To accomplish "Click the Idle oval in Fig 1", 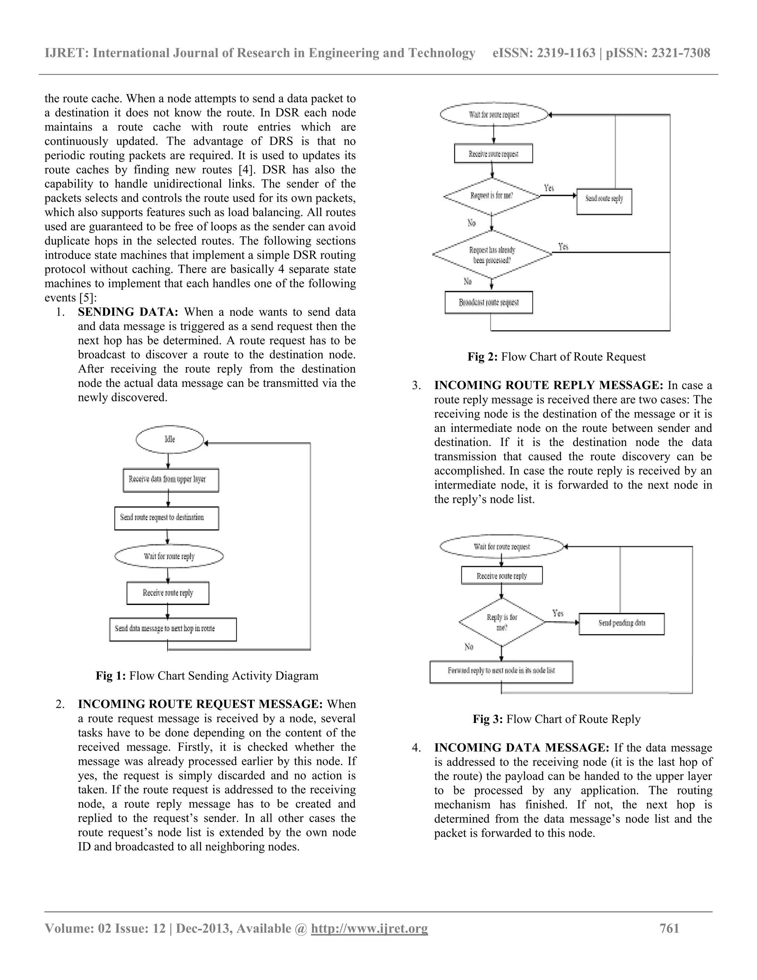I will [x=170, y=439].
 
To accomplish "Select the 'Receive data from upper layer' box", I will [x=171, y=480].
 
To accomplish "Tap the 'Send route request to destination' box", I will [x=166, y=518].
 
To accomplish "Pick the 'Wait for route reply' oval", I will [x=169, y=557].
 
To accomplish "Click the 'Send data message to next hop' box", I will [x=173, y=629].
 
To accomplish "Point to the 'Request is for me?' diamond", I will [x=492, y=196].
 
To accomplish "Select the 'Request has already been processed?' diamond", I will [x=492, y=255].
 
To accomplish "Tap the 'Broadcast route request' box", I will [x=488, y=303].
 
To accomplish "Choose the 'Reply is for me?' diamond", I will [x=502, y=622].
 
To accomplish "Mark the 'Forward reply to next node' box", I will [x=501, y=671].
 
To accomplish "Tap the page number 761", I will [x=669, y=928].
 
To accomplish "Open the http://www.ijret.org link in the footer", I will [x=369, y=928].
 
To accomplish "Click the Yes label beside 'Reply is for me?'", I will [x=558, y=613].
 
